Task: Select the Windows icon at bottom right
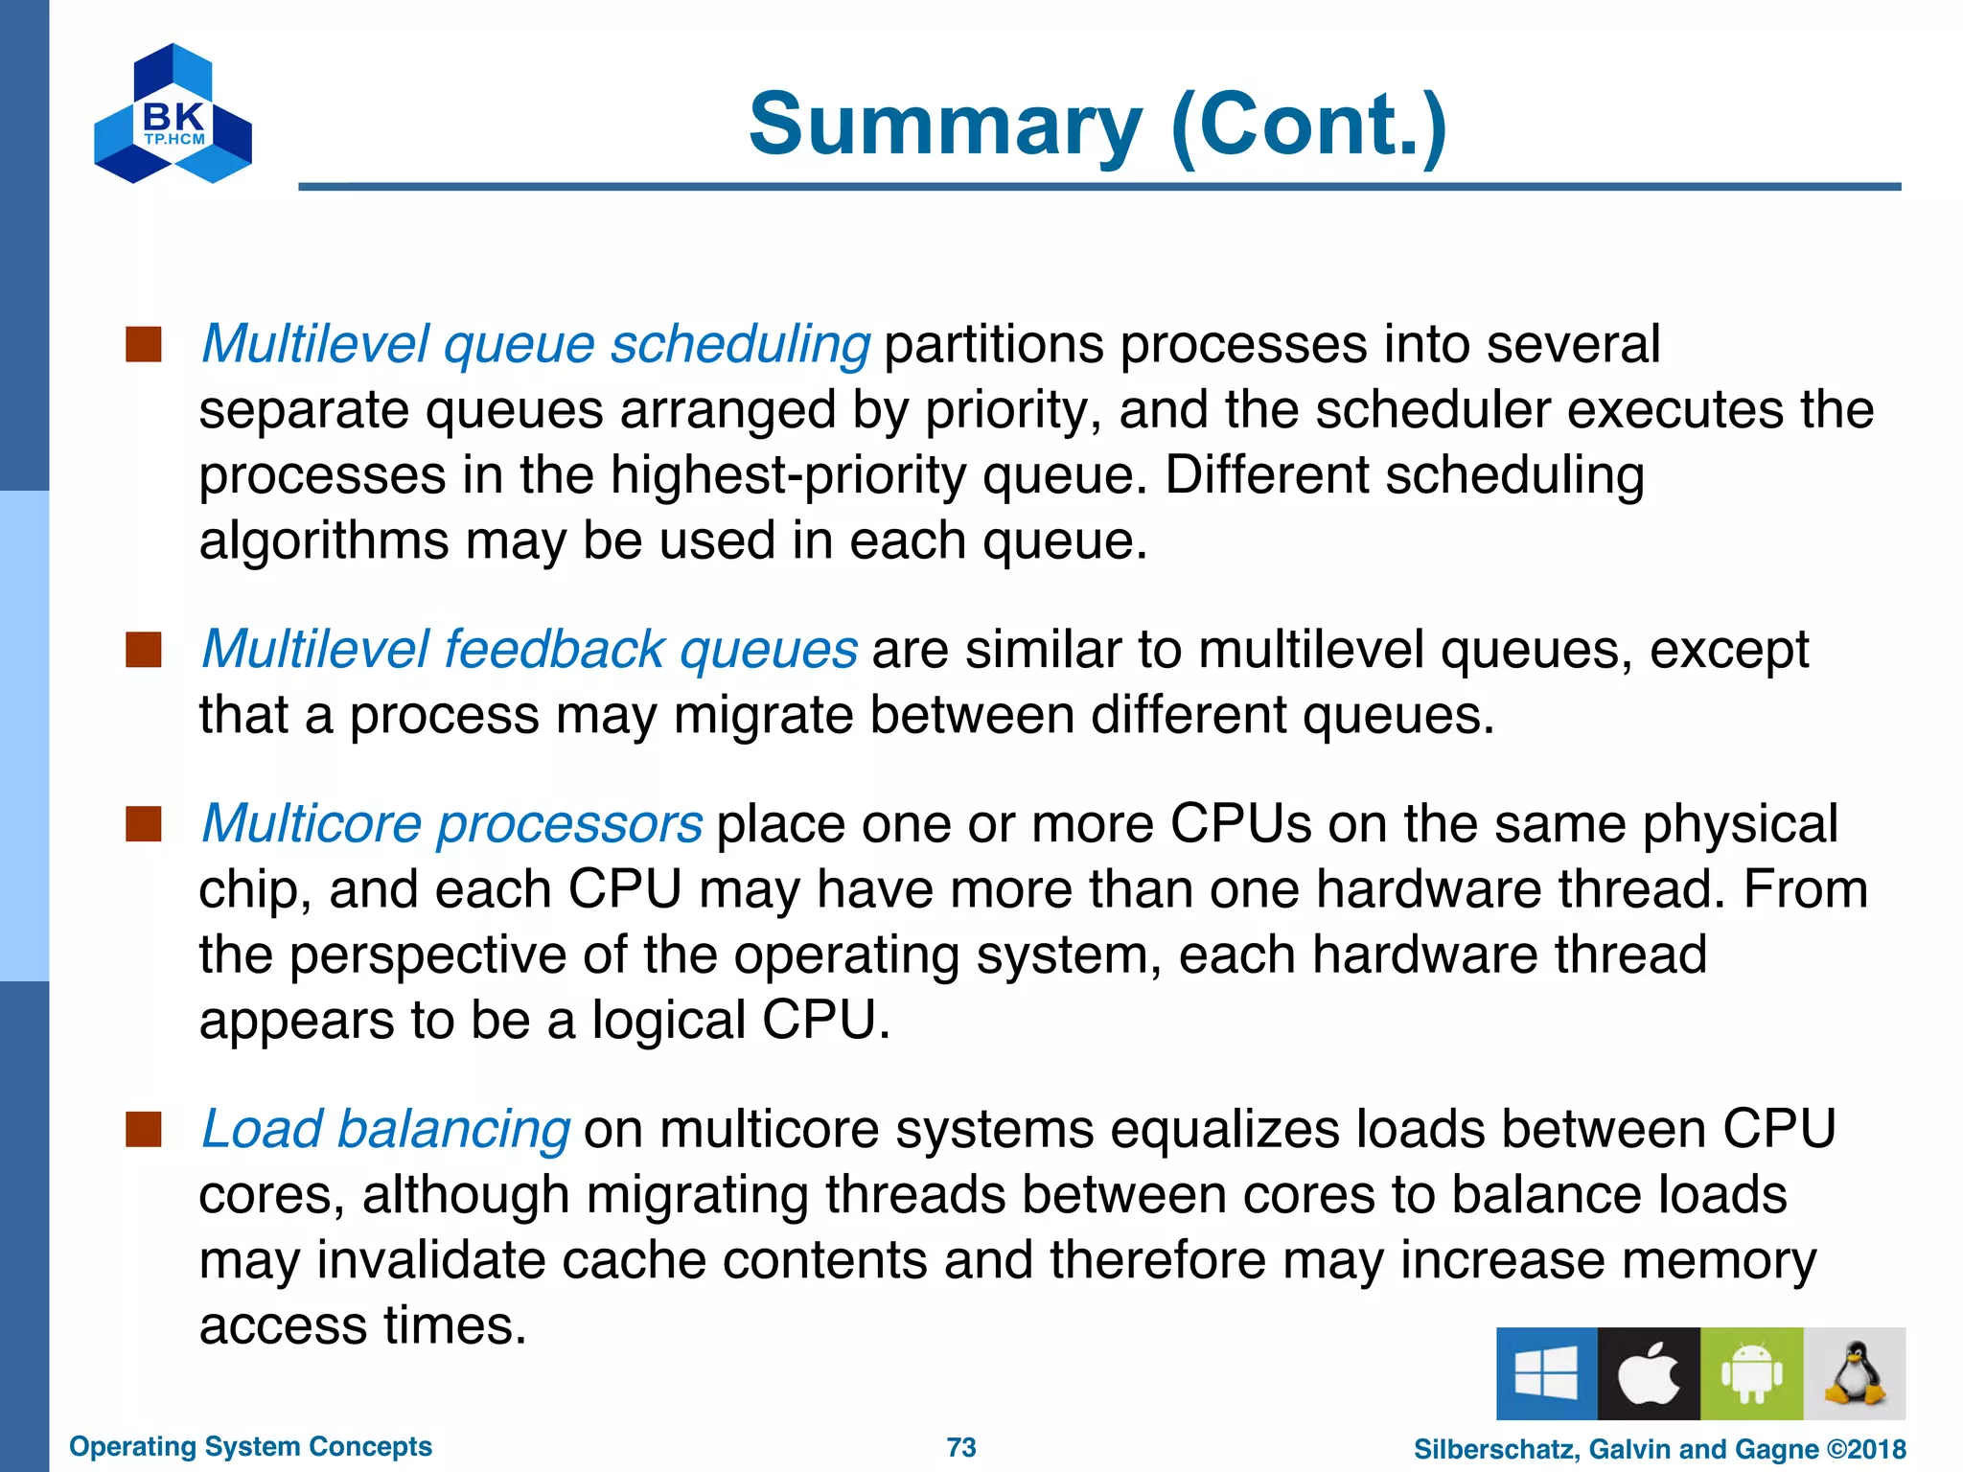(x=1546, y=1373)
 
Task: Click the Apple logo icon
(x=1649, y=1373)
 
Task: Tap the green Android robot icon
(x=1751, y=1373)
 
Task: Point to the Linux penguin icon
(x=1854, y=1373)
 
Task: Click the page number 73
(x=960, y=1447)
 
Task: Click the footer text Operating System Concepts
(x=250, y=1446)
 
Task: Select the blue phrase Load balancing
(x=385, y=1129)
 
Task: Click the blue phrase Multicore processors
(x=451, y=823)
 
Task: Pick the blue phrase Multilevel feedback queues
(x=529, y=649)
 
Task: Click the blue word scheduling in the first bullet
(x=740, y=344)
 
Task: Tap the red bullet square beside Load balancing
(x=144, y=1129)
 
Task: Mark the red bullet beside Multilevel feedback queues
(x=144, y=649)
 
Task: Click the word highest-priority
(x=788, y=475)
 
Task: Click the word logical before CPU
(x=668, y=1020)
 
